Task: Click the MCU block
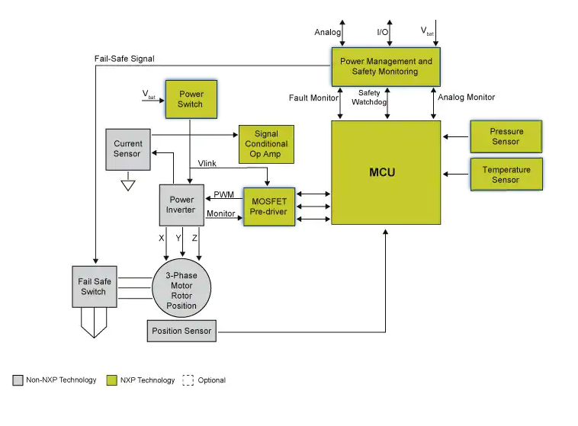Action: (386, 172)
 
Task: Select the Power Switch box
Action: (191, 99)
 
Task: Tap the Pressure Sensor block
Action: (506, 136)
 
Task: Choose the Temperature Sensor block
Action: (506, 175)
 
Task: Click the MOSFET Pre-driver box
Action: (269, 207)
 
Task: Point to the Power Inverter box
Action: (181, 205)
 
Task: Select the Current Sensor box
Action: (128, 149)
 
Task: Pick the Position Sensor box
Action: (181, 331)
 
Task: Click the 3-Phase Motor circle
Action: (181, 291)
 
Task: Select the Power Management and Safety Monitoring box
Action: (385, 66)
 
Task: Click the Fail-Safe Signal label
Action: (125, 59)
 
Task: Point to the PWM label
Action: (223, 195)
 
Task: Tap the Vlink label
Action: (207, 164)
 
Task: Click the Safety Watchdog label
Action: (374, 97)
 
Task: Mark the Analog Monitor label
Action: (466, 98)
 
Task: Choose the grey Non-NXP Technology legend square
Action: (18, 380)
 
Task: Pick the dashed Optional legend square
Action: (188, 380)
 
